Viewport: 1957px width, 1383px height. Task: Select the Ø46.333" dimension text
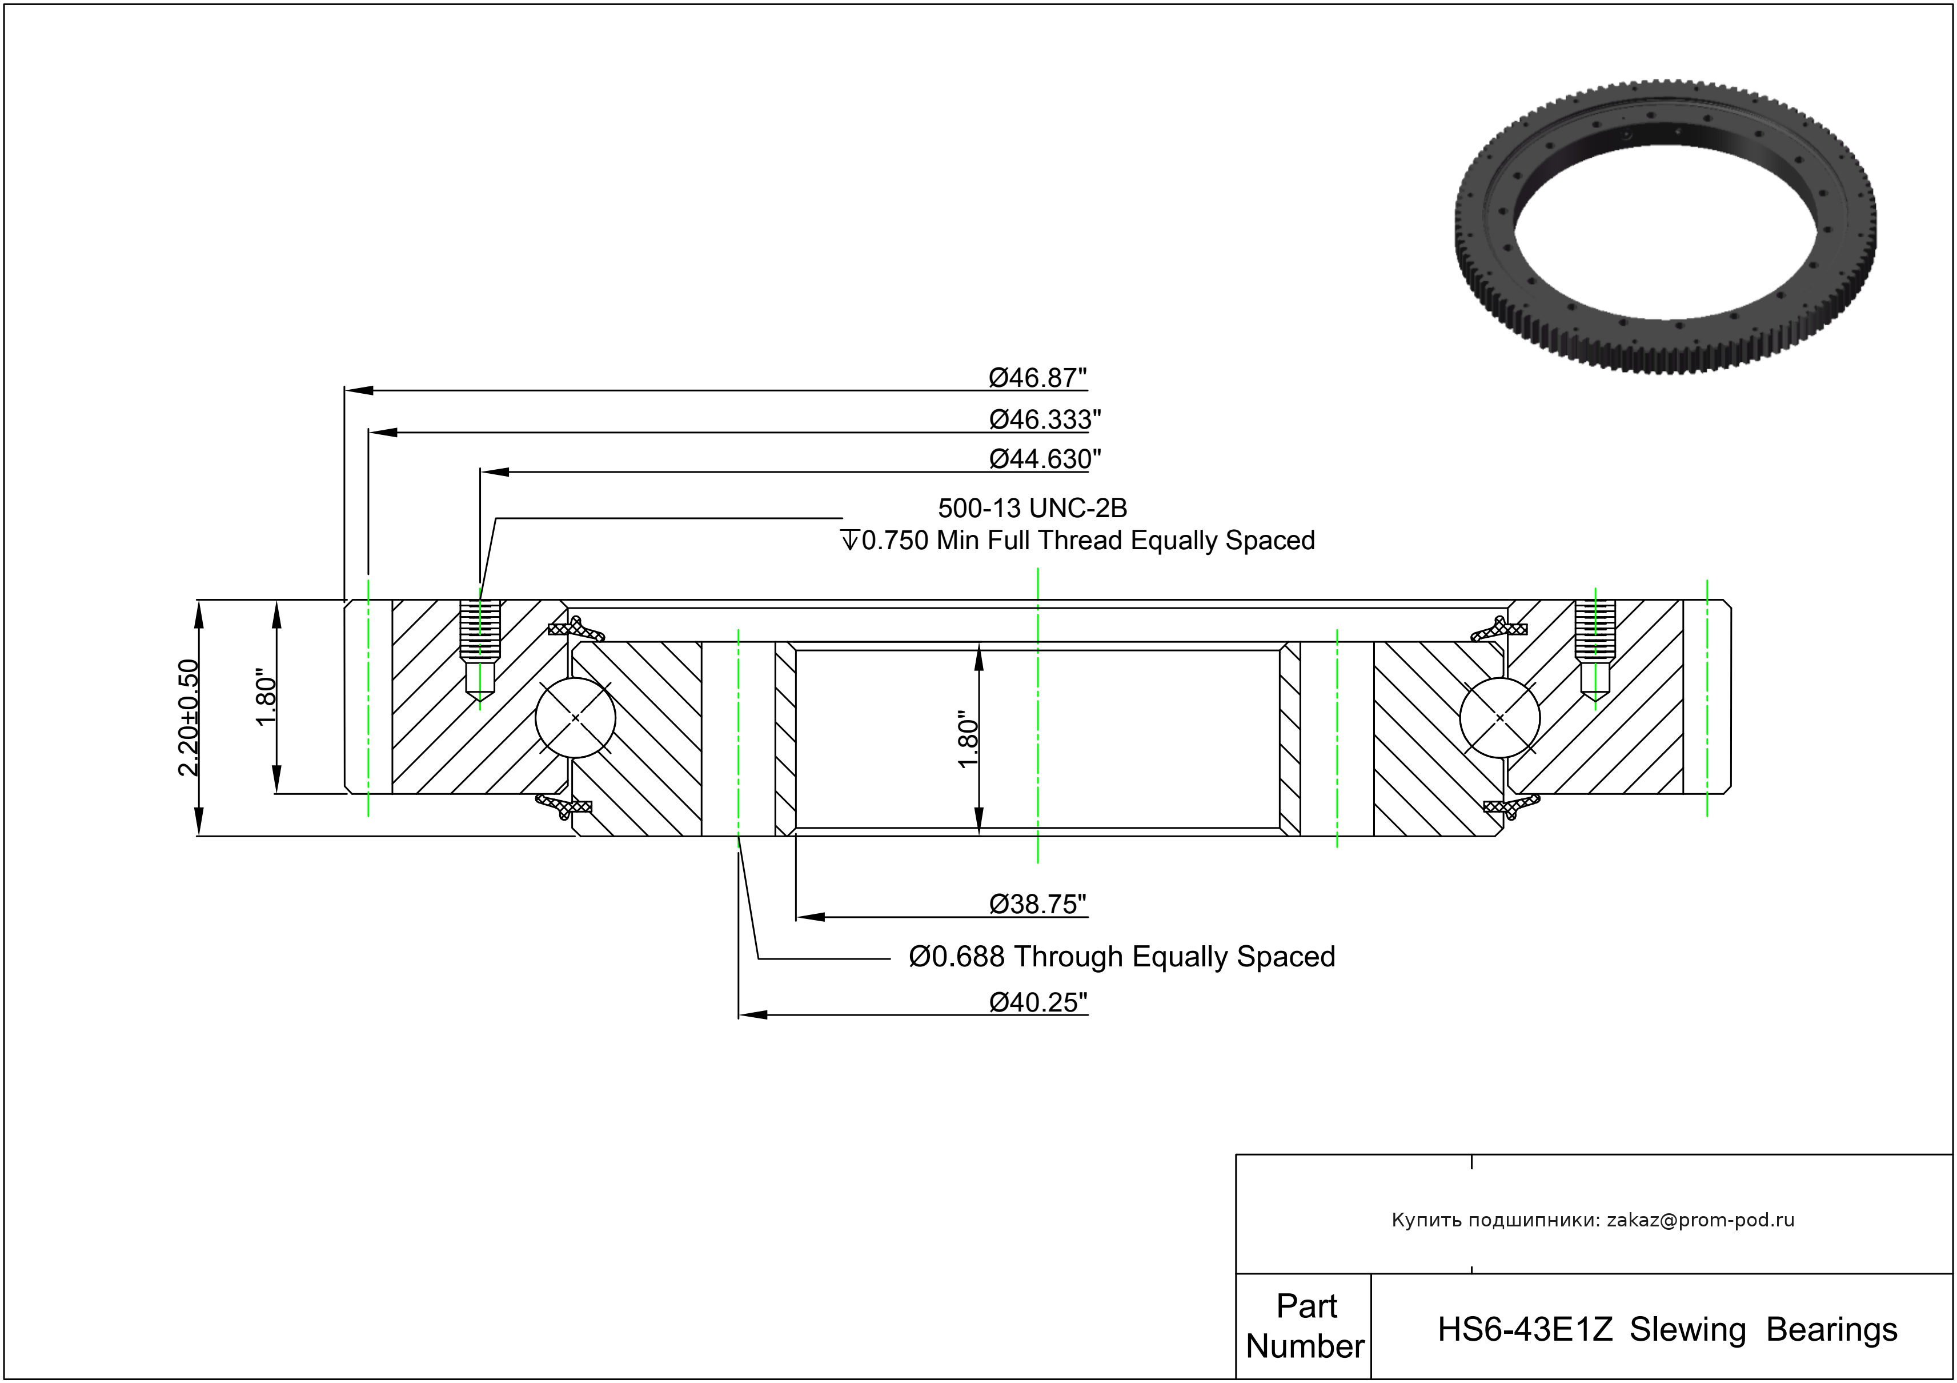point(1044,419)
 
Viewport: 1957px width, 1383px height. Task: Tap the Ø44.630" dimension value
point(1044,459)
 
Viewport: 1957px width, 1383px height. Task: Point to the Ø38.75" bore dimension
point(1037,904)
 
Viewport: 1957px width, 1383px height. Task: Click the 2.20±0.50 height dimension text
point(189,717)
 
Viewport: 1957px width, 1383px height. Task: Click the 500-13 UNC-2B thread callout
point(1032,508)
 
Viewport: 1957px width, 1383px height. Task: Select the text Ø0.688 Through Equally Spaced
point(1122,957)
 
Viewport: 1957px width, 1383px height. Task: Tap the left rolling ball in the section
point(575,718)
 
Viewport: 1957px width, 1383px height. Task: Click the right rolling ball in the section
point(1499,718)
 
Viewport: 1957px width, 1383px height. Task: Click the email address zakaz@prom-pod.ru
point(1701,1220)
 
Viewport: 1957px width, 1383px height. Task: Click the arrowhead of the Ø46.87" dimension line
point(359,390)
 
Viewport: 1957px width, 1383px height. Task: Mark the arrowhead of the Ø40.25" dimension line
point(753,1014)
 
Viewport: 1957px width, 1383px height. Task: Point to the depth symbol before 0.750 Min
point(850,541)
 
